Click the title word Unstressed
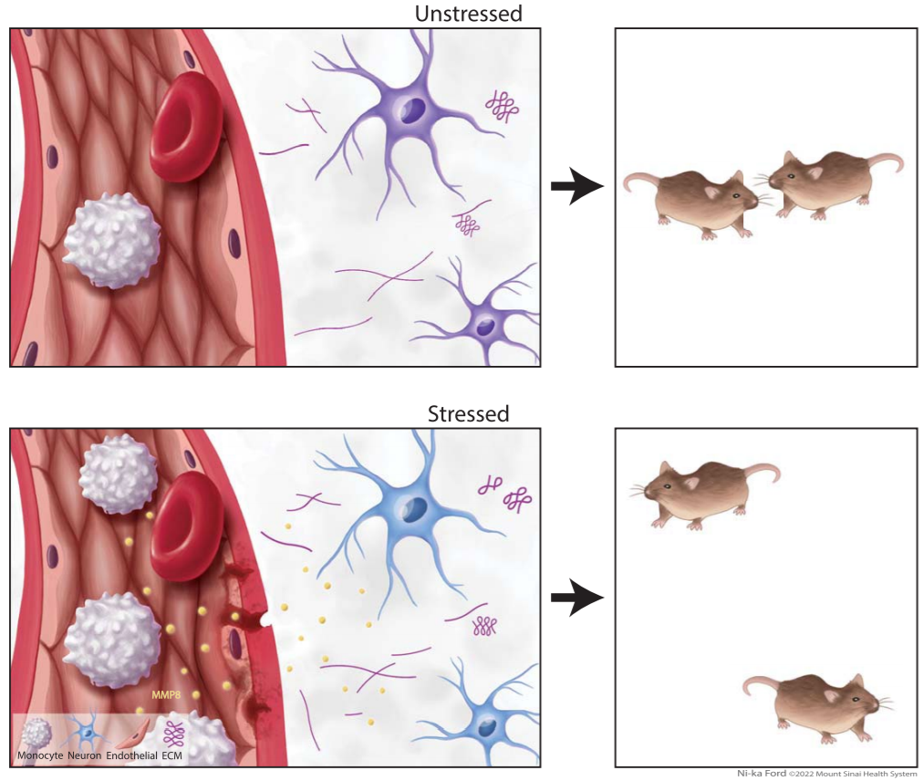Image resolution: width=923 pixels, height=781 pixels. pos(469,14)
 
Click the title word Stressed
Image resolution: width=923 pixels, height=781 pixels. pos(468,414)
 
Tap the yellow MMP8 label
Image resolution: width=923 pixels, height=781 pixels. pos(166,695)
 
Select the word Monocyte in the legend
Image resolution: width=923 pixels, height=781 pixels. pos(40,755)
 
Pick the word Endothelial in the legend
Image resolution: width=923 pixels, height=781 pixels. pos(132,755)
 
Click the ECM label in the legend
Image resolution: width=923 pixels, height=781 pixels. pos(171,755)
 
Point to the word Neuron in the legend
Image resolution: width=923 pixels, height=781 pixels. pos(84,755)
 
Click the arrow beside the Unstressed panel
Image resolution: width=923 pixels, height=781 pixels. pos(577,187)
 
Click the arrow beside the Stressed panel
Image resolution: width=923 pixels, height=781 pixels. pos(577,598)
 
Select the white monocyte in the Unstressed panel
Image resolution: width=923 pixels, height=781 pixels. pos(111,241)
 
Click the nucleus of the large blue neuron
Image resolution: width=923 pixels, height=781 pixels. pos(415,508)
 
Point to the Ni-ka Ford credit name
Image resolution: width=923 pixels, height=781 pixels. pos(762,774)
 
